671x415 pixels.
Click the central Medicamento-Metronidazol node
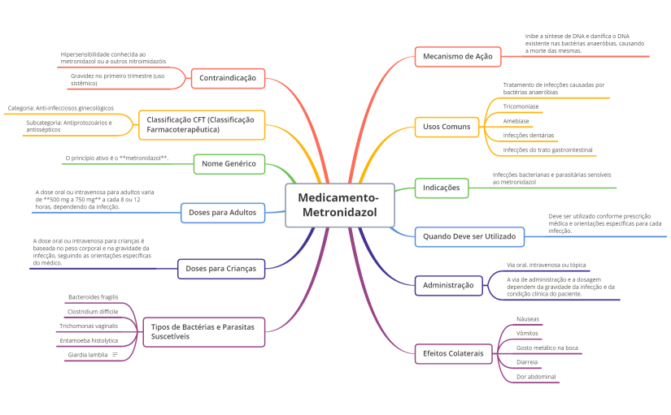340,205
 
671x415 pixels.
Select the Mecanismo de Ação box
458,56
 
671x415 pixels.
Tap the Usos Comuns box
447,127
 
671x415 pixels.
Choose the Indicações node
442,188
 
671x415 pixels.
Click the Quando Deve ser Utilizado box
469,237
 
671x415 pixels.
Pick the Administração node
448,286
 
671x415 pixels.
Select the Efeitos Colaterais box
454,354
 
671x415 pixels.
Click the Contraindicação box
228,78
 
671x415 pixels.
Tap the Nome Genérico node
229,164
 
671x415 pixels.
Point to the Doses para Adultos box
223,213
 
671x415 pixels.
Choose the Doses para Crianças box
221,269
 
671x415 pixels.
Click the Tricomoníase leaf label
521,106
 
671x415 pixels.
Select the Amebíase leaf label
516,121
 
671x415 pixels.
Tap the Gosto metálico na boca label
547,348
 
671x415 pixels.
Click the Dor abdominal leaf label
536,377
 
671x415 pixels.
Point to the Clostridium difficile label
93,312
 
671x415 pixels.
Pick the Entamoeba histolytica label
89,340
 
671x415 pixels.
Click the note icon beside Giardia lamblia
115,355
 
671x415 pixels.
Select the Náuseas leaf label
528,319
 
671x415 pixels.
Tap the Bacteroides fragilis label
94,297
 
